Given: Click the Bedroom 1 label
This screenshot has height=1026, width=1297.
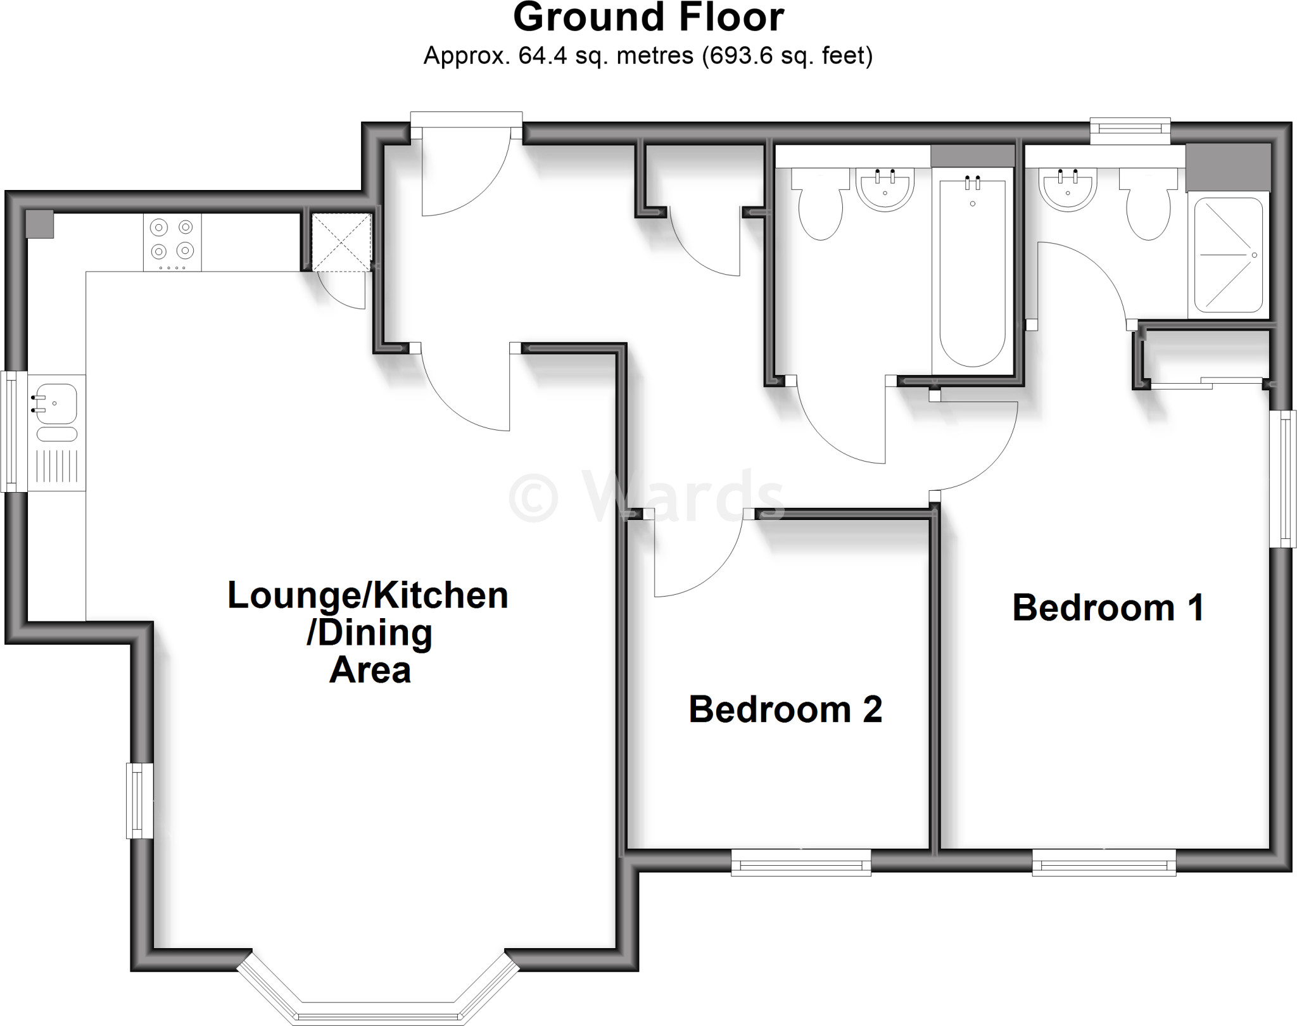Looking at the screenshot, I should (x=1108, y=608).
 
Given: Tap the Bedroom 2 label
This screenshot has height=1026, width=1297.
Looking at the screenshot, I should (x=785, y=709).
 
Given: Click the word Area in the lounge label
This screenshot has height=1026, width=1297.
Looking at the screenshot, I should (x=370, y=670).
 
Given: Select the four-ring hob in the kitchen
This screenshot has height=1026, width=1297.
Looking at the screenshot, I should (x=172, y=241).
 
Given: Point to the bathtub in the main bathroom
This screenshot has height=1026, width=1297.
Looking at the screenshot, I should (x=971, y=272).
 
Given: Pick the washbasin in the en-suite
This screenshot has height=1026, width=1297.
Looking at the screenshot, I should (x=1068, y=189).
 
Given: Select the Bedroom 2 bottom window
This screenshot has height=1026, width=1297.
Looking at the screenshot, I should (x=801, y=863).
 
